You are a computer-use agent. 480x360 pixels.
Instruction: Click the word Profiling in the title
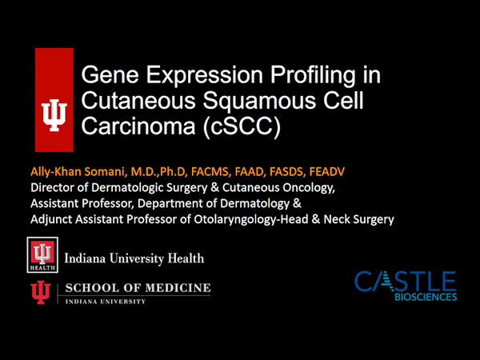click(312, 76)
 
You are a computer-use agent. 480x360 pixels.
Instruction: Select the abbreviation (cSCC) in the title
click(242, 126)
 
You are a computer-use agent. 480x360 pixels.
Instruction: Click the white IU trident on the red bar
click(54, 115)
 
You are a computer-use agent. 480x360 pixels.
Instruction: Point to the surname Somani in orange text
click(104, 172)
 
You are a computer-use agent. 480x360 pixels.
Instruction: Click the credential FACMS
click(210, 172)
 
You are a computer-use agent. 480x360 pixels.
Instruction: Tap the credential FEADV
click(327, 172)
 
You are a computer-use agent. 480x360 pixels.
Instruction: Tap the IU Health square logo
click(42, 254)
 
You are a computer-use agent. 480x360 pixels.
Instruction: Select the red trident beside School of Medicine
click(41, 292)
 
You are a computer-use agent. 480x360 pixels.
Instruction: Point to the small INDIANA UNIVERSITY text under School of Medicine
click(106, 302)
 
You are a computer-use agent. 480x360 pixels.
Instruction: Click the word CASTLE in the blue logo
click(406, 281)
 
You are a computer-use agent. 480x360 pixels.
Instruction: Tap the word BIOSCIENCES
click(426, 297)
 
